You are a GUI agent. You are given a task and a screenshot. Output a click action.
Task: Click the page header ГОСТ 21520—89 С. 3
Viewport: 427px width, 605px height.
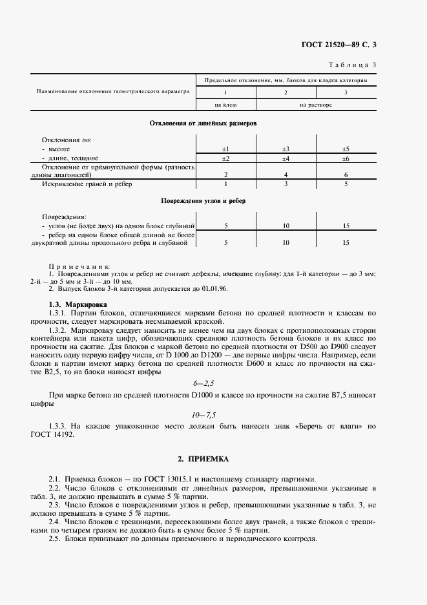347,45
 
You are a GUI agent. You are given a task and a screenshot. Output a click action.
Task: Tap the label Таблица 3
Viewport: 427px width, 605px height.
353,65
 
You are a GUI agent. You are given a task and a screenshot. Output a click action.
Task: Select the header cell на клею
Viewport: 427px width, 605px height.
226,104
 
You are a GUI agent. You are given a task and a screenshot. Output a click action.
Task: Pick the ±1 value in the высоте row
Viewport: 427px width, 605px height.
226,149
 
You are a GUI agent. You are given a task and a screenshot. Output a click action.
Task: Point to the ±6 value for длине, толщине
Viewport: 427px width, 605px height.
346,158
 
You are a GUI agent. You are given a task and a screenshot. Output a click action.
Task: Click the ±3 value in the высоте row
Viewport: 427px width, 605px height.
286,149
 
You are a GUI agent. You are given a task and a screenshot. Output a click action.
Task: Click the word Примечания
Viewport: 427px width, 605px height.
79,266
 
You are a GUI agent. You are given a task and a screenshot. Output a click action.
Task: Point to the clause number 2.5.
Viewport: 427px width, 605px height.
54,538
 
